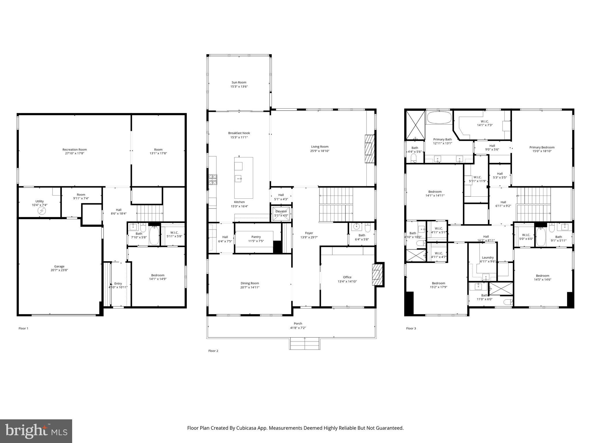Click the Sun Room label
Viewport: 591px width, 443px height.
[x=239, y=82]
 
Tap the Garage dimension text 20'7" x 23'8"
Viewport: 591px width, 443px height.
[x=59, y=270]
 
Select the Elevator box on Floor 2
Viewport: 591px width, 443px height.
[x=281, y=213]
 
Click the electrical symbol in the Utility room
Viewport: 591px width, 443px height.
[x=42, y=211]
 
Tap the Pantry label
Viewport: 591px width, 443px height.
[x=256, y=237]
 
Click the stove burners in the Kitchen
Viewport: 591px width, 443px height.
[x=213, y=180]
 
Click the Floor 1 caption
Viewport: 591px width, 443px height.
[x=23, y=328]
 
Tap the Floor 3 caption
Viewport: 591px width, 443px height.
[x=411, y=328]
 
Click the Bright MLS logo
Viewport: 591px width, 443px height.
[x=36, y=431]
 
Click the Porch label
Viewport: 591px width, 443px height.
[x=298, y=324]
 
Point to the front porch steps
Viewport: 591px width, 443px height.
[x=305, y=344]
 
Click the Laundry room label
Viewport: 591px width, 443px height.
[x=488, y=258]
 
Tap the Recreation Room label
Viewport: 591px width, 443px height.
[x=74, y=149]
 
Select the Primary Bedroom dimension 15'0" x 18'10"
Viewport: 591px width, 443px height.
[x=542, y=151]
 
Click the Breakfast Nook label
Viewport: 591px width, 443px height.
[x=239, y=133]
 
